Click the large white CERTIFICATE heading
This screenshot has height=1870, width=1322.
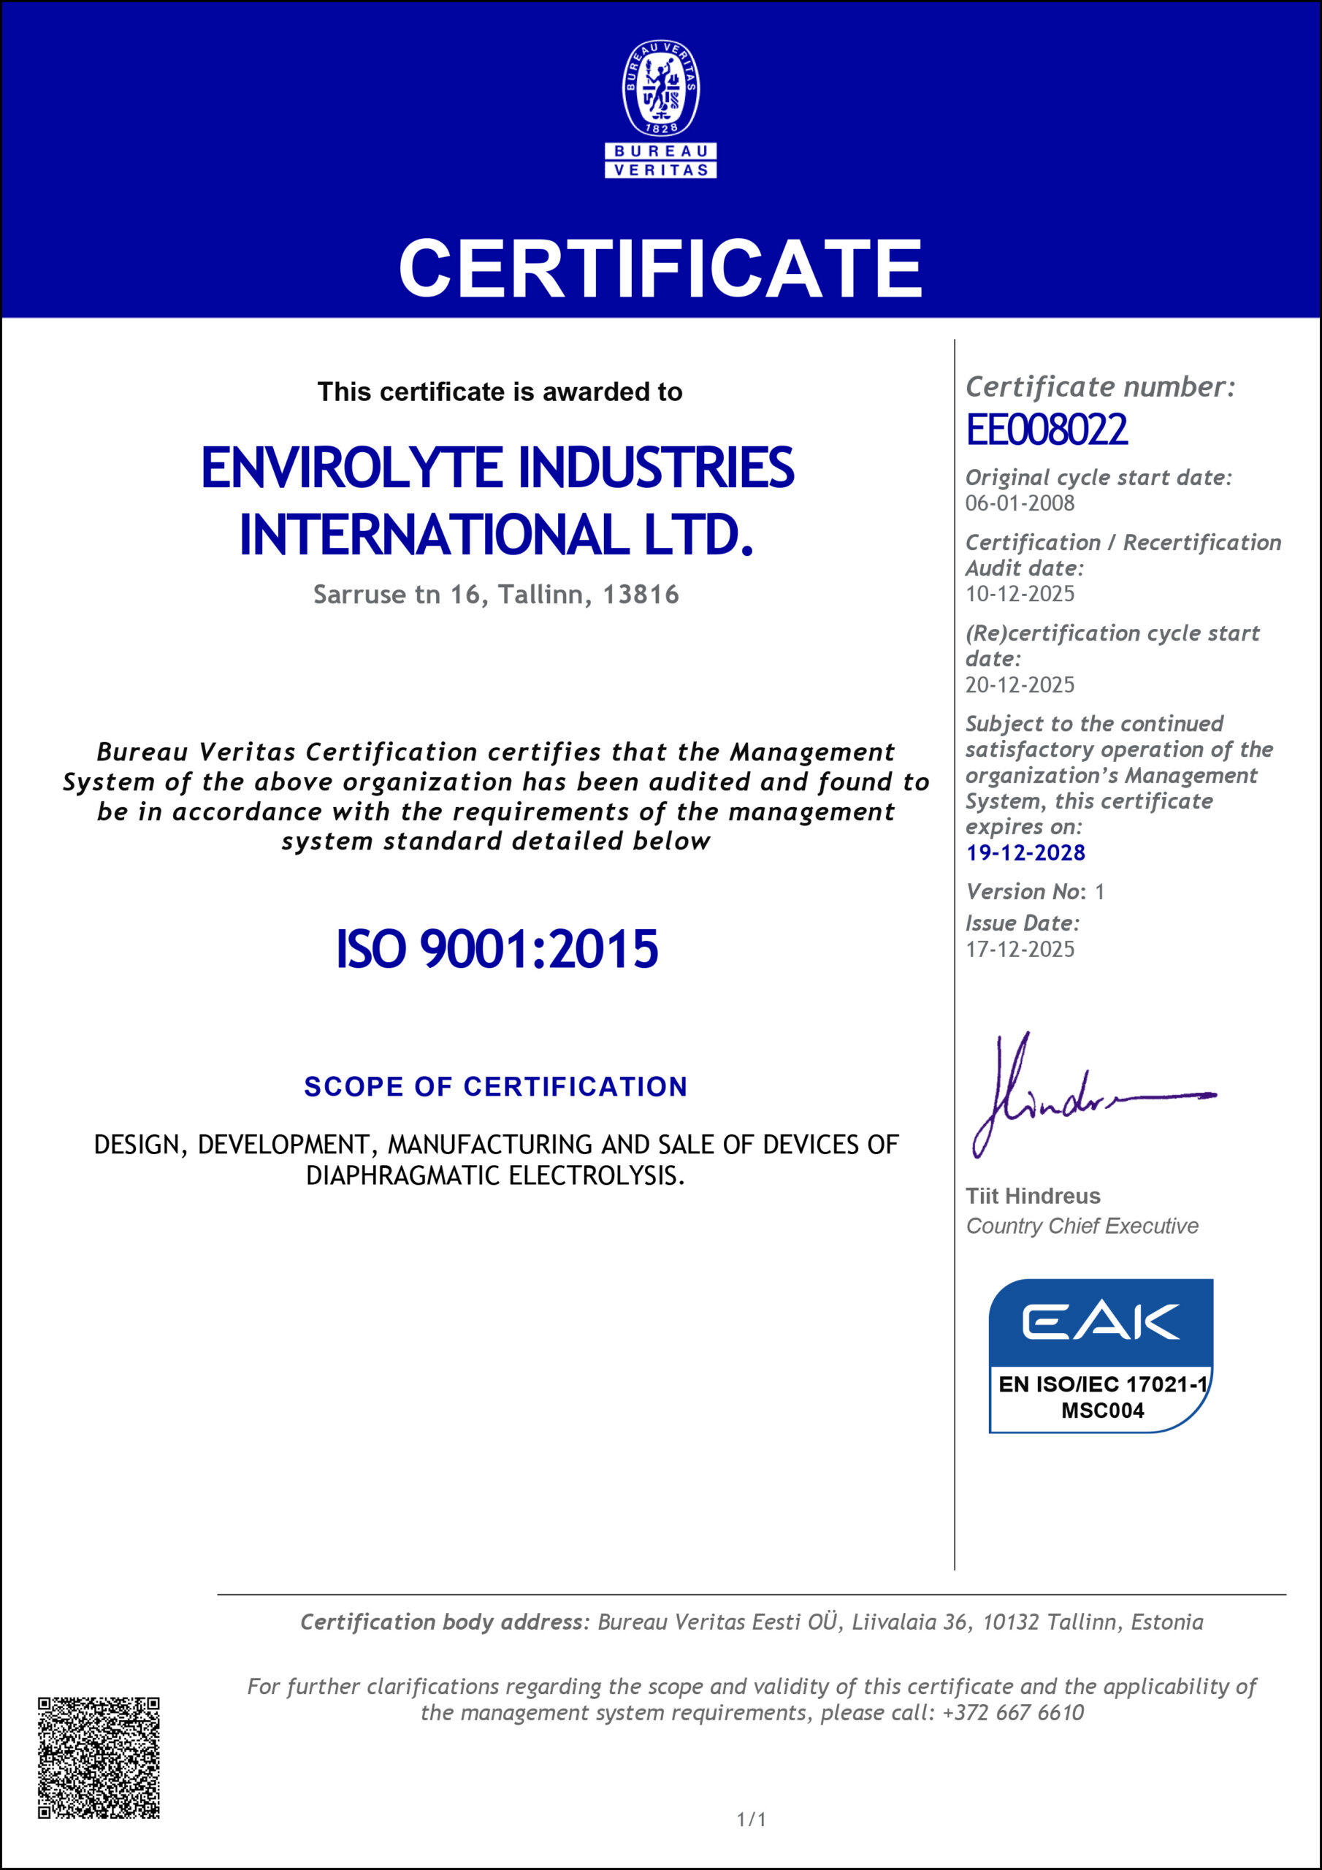pyautogui.click(x=660, y=268)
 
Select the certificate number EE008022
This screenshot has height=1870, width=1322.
pyautogui.click(x=1047, y=430)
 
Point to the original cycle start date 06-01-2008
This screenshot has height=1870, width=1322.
pyautogui.click(x=1020, y=503)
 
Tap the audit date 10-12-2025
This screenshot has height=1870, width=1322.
pyautogui.click(x=1020, y=594)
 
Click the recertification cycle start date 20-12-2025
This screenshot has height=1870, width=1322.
pyautogui.click(x=1020, y=685)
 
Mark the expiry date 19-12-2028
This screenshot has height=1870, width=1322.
pyautogui.click(x=1025, y=852)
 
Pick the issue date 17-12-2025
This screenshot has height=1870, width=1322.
pyautogui.click(x=1020, y=949)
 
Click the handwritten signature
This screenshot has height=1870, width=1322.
pyautogui.click(x=1083, y=1096)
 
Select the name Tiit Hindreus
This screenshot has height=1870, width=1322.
pyautogui.click(x=1033, y=1196)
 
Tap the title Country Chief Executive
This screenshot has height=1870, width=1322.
pyautogui.click(x=1082, y=1226)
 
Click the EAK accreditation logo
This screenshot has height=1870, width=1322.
pyautogui.click(x=1101, y=1323)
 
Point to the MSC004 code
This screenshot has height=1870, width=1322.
pyautogui.click(x=1102, y=1411)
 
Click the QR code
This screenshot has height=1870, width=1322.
pyautogui.click(x=99, y=1758)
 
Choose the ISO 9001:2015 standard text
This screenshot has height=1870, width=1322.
pyautogui.click(x=497, y=949)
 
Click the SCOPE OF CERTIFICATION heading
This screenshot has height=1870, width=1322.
pyautogui.click(x=496, y=1086)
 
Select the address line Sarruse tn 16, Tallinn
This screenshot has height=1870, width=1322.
pyautogui.click(x=496, y=595)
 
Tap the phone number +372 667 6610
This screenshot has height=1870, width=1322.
pyautogui.click(x=1012, y=1713)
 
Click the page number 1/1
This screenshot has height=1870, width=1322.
pyautogui.click(x=751, y=1820)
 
